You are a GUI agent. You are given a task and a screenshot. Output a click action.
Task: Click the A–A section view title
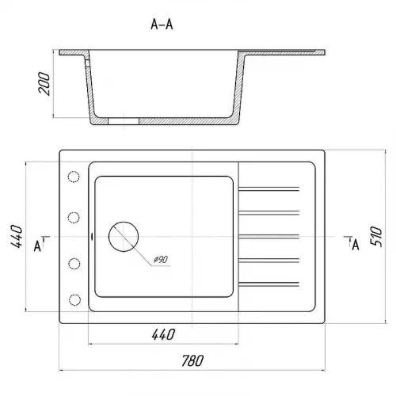click(162, 25)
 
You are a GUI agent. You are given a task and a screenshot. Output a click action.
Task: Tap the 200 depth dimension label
click(44, 83)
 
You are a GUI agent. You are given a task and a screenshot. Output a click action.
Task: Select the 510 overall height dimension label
click(376, 237)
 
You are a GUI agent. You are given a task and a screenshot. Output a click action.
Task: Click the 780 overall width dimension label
click(192, 361)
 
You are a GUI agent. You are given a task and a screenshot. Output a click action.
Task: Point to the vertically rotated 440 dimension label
click(17, 236)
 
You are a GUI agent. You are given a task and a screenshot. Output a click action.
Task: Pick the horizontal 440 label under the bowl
click(163, 334)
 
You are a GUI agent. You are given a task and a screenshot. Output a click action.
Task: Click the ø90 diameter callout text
click(161, 260)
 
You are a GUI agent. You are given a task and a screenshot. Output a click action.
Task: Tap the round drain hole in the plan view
click(124, 237)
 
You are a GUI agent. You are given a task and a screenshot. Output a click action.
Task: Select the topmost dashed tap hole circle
click(74, 177)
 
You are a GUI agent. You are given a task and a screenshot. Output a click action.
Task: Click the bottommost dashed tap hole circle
click(74, 300)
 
